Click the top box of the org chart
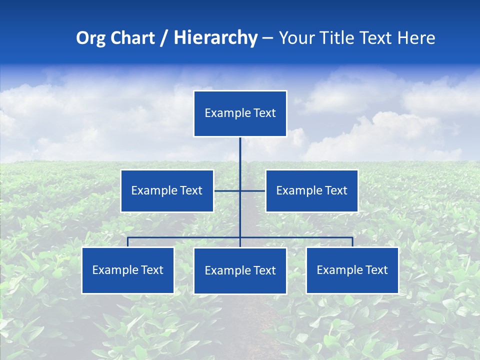(240, 113)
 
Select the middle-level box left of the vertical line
(167, 191)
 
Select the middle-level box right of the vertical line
(311, 191)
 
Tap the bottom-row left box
(128, 270)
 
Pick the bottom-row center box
(240, 271)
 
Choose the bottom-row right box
(352, 270)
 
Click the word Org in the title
(90, 38)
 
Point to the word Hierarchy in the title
(215, 38)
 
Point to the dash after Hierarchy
(268, 38)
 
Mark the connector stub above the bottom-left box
(128, 242)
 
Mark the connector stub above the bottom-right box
(352, 242)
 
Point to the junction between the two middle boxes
(240, 190)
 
